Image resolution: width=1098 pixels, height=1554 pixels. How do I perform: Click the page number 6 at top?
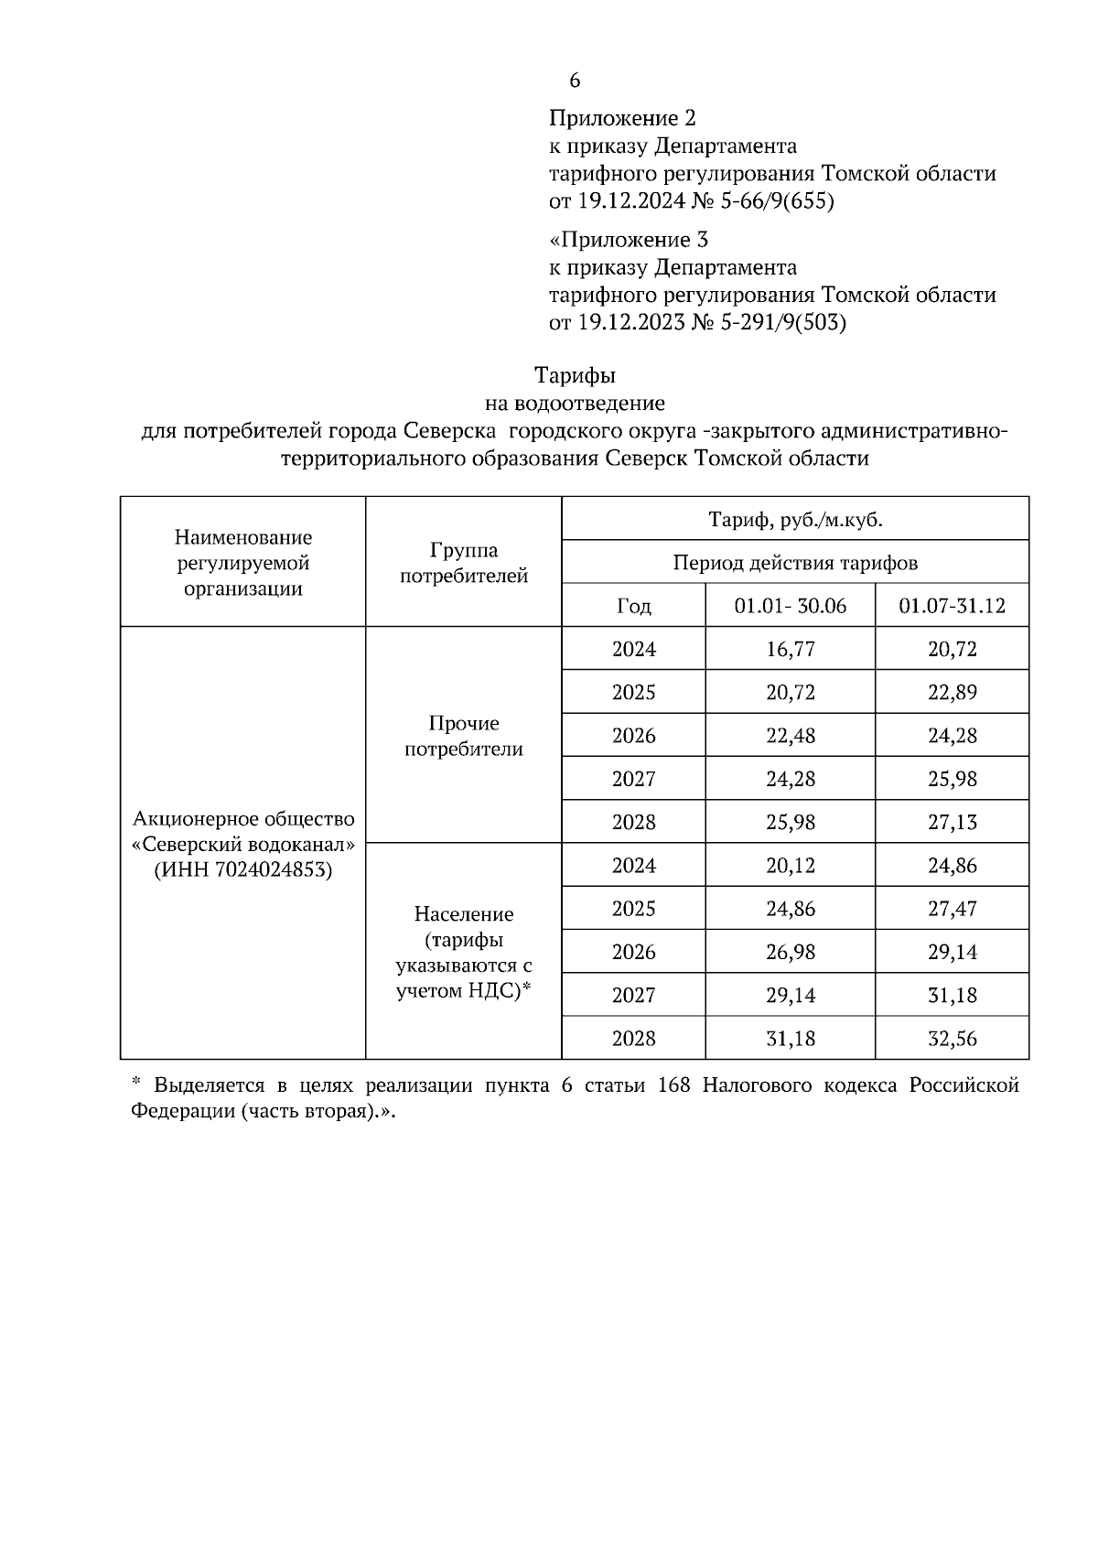click(575, 81)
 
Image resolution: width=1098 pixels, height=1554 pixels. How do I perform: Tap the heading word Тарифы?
click(575, 375)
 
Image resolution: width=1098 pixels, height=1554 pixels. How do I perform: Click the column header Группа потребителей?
click(464, 563)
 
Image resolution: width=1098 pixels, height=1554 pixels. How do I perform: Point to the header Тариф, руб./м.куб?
click(795, 520)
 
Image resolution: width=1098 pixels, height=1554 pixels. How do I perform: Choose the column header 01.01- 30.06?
click(791, 606)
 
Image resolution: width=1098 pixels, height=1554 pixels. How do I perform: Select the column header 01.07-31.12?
click(953, 606)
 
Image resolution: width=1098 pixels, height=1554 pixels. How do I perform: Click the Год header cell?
click(634, 606)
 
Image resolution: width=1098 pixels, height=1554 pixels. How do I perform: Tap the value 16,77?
click(791, 649)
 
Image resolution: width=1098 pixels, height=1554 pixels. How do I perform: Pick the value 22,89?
click(953, 692)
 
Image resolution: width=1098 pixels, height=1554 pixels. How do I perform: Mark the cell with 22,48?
click(791, 736)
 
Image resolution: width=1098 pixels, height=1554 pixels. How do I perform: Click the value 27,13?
click(953, 822)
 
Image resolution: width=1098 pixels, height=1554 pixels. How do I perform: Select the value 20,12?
click(791, 865)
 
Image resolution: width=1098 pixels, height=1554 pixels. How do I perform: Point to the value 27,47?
click(953, 909)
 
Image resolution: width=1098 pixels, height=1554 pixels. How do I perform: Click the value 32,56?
click(953, 1039)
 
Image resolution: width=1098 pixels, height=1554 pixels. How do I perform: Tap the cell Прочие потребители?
click(464, 736)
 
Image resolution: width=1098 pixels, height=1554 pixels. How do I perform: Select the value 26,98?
click(791, 952)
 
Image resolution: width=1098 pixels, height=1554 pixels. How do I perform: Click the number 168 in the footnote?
click(675, 1085)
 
